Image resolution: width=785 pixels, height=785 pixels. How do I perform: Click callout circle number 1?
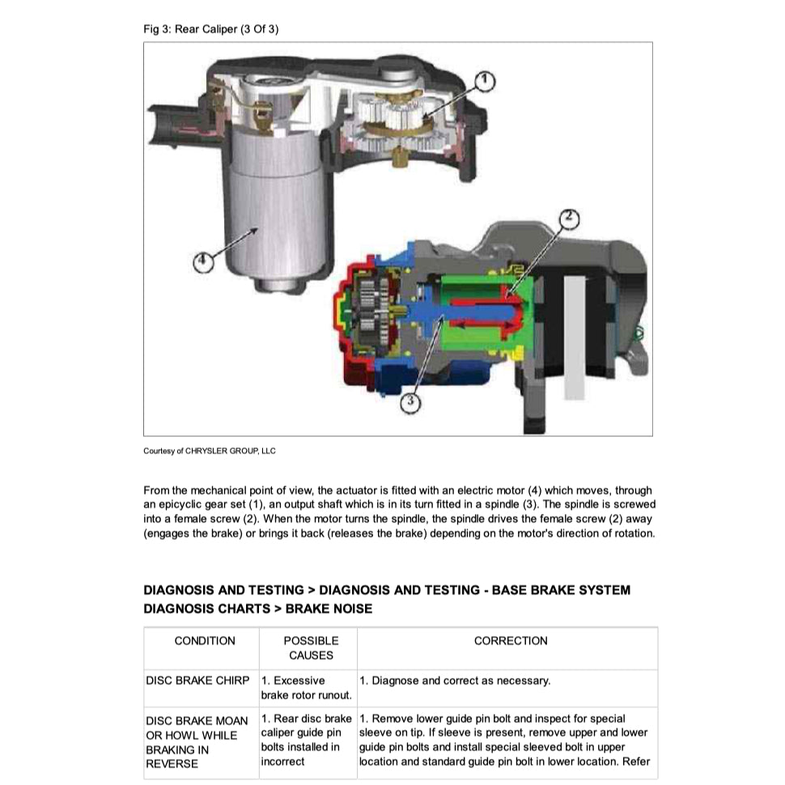(482, 80)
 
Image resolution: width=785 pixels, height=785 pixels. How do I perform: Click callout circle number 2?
(570, 217)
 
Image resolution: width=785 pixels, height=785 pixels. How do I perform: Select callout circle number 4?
(204, 261)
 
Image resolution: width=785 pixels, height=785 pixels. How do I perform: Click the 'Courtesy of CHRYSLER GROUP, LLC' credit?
(209, 451)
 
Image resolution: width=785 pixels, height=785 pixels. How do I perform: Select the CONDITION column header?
(205, 641)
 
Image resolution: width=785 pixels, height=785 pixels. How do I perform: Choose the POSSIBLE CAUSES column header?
(311, 647)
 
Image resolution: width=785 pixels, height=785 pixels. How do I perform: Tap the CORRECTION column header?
(511, 641)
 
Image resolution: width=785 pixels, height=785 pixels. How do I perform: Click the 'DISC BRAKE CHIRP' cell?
(197, 681)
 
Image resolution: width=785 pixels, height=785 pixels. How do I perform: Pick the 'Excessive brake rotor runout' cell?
(306, 688)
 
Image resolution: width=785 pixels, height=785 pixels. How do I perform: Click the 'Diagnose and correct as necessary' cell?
(455, 681)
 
